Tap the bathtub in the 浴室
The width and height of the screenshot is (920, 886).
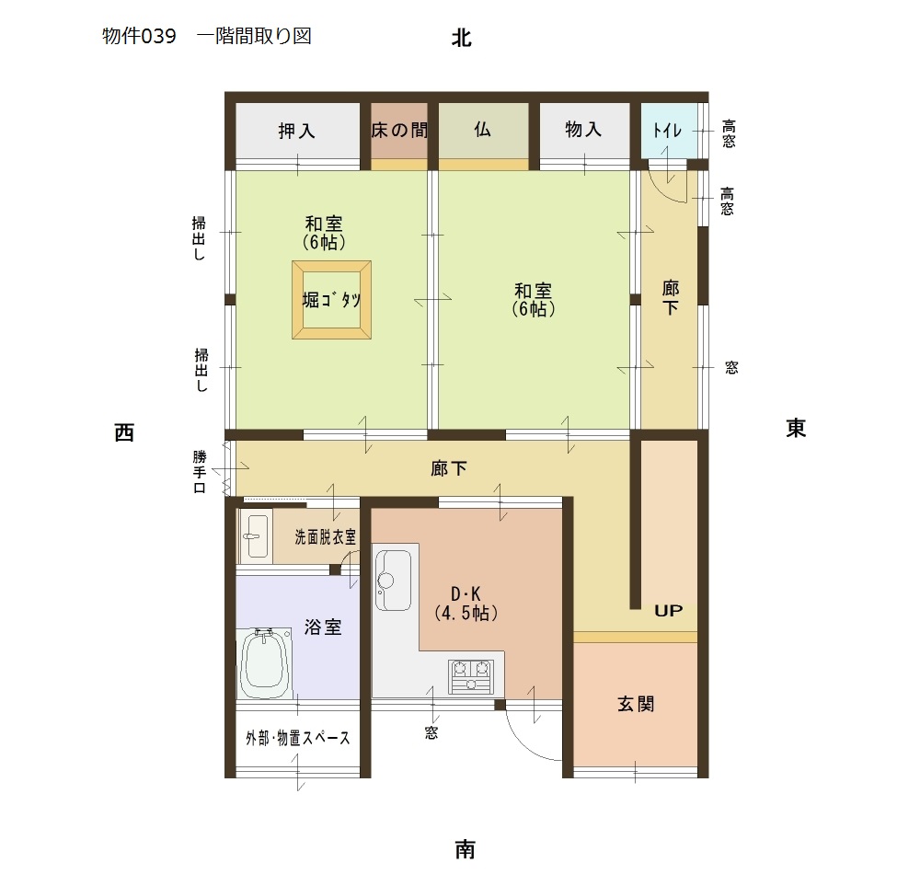pos(265,663)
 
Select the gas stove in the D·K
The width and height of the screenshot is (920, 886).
pos(471,676)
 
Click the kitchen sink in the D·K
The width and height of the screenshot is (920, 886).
pos(393,581)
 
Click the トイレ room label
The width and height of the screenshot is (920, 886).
pos(667,130)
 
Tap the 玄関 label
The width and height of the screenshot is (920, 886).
pos(636,704)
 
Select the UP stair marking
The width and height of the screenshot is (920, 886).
pos(668,611)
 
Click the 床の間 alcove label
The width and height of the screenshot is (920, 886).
pos(399,130)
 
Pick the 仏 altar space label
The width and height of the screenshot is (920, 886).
pos(482,129)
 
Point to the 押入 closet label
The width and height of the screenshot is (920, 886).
pos(296,131)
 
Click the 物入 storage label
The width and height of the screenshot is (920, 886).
pos(583,129)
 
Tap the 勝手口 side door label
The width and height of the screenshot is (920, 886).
pos(200,472)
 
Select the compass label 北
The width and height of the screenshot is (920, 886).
pos(461,38)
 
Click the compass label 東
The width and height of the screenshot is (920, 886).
pos(796,428)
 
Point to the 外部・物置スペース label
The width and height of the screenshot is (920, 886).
pos(297,738)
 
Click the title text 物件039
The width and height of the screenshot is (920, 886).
pos(139,37)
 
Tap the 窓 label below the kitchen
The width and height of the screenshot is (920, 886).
pos(431,732)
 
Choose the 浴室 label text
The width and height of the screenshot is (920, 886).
pos(323,627)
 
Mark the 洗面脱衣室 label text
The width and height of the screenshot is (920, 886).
pos(325,536)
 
